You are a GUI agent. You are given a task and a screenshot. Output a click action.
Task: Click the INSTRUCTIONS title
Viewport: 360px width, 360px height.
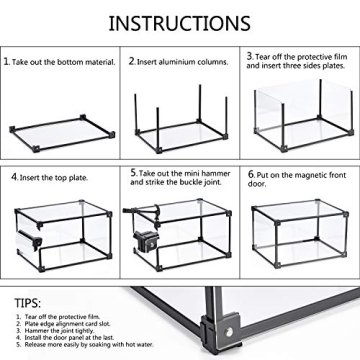point(179,22)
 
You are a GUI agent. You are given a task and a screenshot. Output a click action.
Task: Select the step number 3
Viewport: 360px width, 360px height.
point(251,56)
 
